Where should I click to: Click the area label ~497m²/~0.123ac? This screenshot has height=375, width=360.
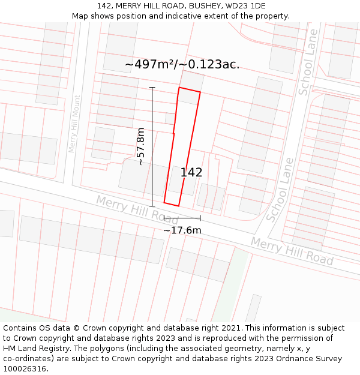pyautogui.click(x=182, y=64)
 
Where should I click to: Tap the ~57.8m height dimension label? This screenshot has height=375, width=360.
pyautogui.click(x=140, y=146)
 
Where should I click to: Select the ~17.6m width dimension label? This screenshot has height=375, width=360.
pyautogui.click(x=182, y=230)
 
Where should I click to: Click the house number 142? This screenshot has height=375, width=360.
pyautogui.click(x=191, y=172)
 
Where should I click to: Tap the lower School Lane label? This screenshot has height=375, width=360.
pyautogui.click(x=280, y=190)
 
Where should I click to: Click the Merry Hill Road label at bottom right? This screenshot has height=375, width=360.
pyautogui.click(x=292, y=251)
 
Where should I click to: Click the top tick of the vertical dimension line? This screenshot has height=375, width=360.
pyautogui.click(x=152, y=88)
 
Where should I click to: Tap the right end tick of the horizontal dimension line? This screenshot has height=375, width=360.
pyautogui.click(x=200, y=218)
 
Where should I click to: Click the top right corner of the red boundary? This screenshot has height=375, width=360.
pyautogui.click(x=200, y=92)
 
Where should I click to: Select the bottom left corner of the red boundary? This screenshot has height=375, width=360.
pyautogui.click(x=164, y=202)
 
